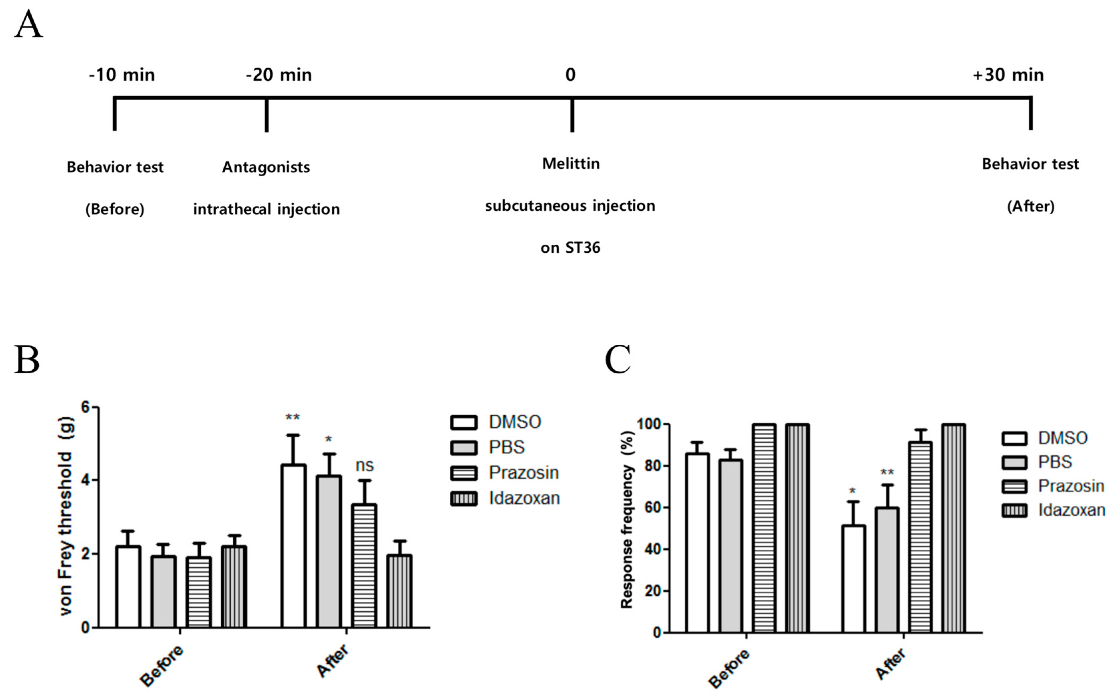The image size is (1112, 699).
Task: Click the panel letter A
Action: tap(29, 25)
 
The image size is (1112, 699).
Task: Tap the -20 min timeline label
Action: tap(279, 75)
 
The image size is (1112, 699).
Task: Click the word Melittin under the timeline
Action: tap(571, 164)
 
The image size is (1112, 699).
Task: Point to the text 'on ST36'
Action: tap(570, 248)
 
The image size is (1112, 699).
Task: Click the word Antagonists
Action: tap(266, 167)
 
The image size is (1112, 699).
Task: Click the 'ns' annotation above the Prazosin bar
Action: tap(364, 465)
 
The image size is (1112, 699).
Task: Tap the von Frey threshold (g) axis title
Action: tap(66, 516)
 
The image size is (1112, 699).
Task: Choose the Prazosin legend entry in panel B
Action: tap(505, 473)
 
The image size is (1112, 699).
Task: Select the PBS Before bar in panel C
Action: tap(731, 545)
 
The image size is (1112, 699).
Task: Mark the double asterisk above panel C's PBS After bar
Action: tap(887, 473)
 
